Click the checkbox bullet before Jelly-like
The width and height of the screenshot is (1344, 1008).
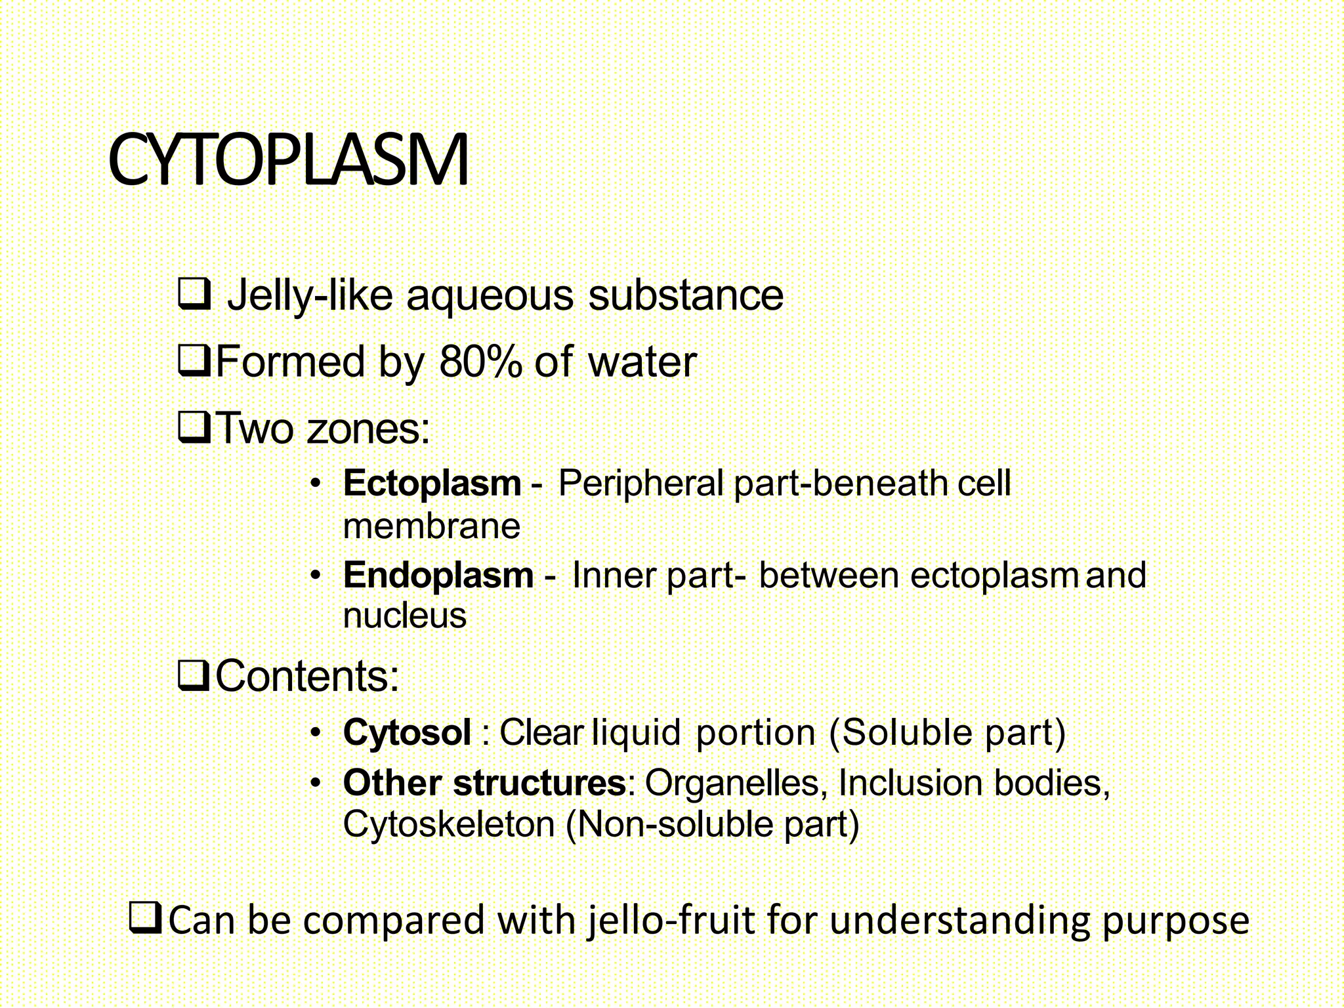click(194, 294)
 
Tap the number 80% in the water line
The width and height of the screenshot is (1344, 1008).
click(480, 362)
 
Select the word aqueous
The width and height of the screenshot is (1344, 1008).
click(490, 297)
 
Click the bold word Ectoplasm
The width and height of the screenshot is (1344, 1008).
click(432, 484)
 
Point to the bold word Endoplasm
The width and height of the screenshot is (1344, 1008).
click(438, 576)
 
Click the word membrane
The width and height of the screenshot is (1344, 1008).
click(431, 526)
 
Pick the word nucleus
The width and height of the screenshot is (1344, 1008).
click(404, 616)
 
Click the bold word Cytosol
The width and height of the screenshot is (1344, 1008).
click(407, 732)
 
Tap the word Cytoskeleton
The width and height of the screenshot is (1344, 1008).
click(449, 824)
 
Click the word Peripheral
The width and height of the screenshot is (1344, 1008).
click(640, 484)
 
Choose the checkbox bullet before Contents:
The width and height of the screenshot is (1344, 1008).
click(194, 676)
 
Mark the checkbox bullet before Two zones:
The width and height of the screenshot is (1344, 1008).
click(194, 428)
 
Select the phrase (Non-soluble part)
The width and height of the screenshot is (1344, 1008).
click(712, 824)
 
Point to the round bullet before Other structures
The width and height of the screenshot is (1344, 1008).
click(316, 783)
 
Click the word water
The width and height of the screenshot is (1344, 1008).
click(642, 362)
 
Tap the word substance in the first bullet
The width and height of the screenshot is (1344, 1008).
click(686, 295)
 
